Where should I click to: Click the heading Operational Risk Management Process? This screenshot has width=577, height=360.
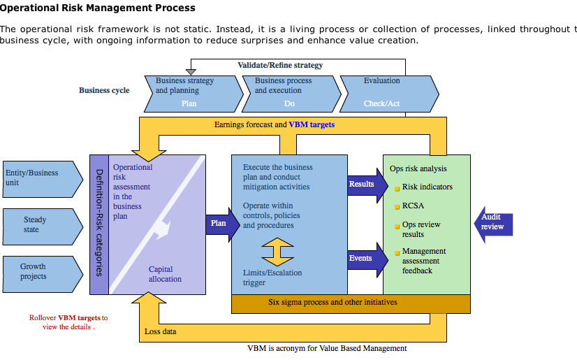(98, 8)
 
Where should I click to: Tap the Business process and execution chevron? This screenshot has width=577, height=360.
(288, 92)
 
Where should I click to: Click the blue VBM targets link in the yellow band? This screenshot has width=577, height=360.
(312, 124)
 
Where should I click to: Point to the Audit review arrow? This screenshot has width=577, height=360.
(494, 222)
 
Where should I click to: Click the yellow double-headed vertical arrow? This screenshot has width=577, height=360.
(277, 252)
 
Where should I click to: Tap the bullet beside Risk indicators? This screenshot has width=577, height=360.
(396, 188)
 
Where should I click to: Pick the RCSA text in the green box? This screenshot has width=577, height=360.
(413, 206)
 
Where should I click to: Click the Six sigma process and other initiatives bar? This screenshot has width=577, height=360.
(333, 303)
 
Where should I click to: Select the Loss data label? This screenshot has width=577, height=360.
(160, 331)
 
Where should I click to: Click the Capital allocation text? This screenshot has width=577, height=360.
(165, 274)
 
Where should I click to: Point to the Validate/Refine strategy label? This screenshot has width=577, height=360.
(280, 65)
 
